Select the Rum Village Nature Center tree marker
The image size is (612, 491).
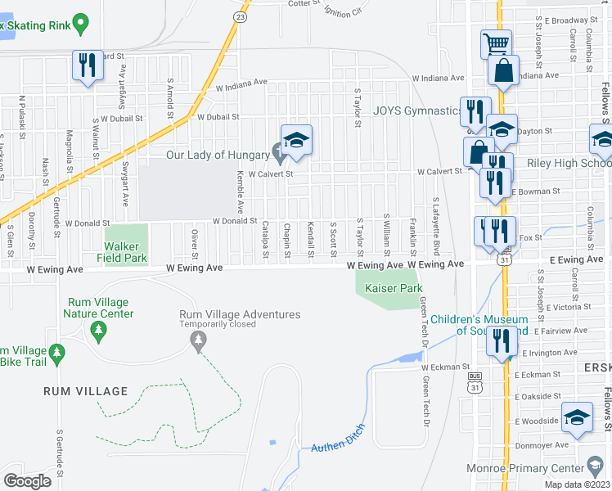98,331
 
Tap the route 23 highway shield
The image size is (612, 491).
240,16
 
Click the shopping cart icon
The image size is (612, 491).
495,43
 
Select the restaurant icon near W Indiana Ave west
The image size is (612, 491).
88,65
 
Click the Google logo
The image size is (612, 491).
27,480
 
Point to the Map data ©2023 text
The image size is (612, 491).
578,484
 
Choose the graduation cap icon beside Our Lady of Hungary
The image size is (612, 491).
297,139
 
